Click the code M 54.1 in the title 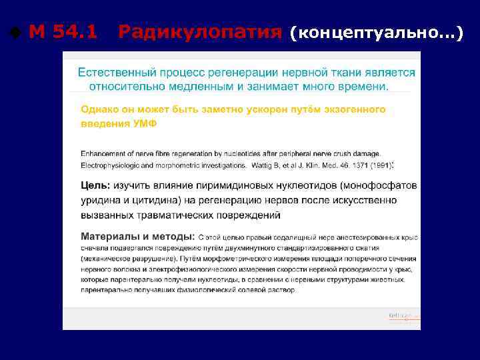63,31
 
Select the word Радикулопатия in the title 200,31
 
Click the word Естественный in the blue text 111,72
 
